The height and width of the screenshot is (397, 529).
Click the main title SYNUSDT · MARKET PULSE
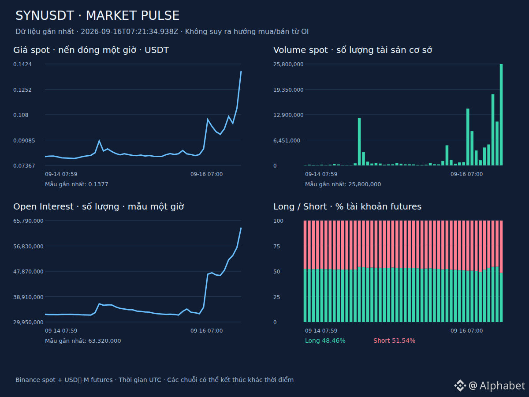click(97, 16)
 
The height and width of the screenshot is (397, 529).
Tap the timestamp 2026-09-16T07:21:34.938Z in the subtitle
click(130, 32)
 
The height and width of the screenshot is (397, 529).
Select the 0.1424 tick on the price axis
click(22, 64)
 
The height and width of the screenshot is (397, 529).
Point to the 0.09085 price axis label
click(24, 140)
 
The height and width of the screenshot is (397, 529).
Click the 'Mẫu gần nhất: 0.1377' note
click(77, 184)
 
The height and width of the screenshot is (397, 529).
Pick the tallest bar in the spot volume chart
click(501, 115)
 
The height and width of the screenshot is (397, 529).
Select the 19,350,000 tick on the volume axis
click(288, 90)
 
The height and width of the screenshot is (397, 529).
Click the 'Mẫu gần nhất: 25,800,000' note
click(343, 184)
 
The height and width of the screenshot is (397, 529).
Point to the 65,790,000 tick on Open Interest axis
click(29, 221)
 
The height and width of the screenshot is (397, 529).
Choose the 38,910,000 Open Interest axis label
click(29, 297)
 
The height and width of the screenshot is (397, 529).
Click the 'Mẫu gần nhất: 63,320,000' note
click(83, 341)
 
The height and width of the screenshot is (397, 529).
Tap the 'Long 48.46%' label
click(325, 341)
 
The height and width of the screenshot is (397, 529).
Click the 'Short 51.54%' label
click(394, 341)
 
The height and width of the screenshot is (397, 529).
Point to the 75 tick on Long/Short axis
click(277, 246)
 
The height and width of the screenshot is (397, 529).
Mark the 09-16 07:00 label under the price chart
click(207, 174)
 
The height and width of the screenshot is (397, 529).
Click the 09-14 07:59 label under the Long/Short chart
click(321, 331)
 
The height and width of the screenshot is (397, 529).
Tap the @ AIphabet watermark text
click(497, 386)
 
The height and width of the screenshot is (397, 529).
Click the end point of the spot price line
click(241, 71)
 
